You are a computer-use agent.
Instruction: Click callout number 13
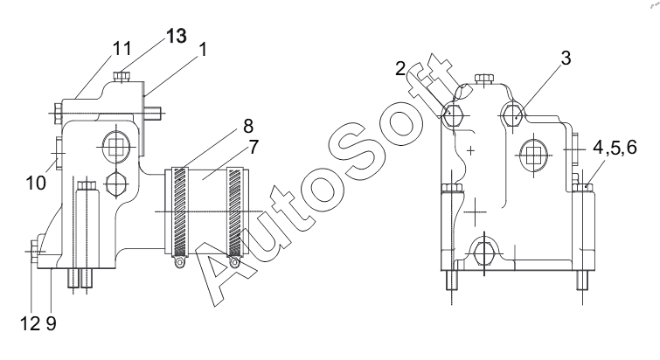pos(177,36)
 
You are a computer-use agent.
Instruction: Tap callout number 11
pos(122,48)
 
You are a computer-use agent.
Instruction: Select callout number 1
pos(203,50)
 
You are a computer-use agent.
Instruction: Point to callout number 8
pos(248,126)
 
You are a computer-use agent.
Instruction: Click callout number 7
pos(254,147)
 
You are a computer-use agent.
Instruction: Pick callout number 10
pos(36,183)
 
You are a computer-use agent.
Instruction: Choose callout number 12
pos(30,323)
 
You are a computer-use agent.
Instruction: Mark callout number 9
pos(51,323)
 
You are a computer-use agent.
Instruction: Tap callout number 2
pos(400,68)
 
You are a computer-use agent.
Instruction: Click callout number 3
pos(566,58)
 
